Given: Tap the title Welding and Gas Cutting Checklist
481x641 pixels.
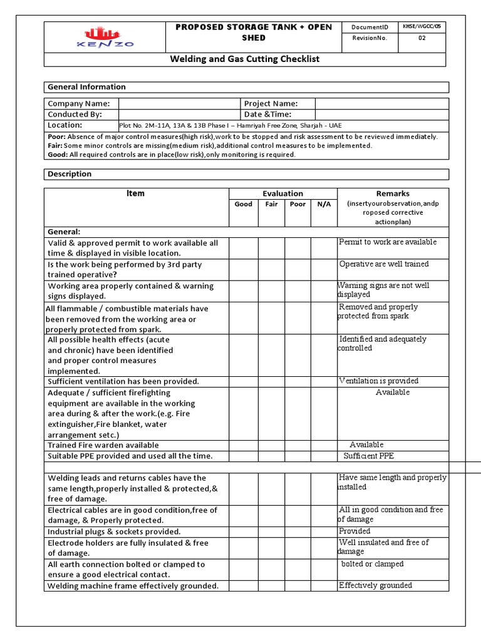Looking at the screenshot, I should point(246,59).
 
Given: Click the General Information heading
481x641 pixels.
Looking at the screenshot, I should point(86,87).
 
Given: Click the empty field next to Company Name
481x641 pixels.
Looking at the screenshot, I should point(178,104).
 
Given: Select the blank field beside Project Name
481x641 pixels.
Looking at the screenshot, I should point(381,104).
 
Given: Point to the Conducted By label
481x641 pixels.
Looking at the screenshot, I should point(75,115).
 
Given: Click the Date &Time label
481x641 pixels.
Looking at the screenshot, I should point(267,115).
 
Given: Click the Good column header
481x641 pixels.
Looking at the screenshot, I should point(243,204).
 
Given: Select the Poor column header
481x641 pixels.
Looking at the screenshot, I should point(298,204).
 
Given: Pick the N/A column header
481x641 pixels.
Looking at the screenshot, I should point(324,204).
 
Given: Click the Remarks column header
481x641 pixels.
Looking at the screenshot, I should point(393,194).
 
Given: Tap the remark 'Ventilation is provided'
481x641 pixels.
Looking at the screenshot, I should point(378,381).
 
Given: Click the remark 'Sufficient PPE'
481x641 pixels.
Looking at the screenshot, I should point(368,456).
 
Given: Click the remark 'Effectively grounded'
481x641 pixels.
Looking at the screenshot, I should point(375,585).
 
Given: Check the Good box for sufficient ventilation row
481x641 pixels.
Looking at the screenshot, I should point(243,381).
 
